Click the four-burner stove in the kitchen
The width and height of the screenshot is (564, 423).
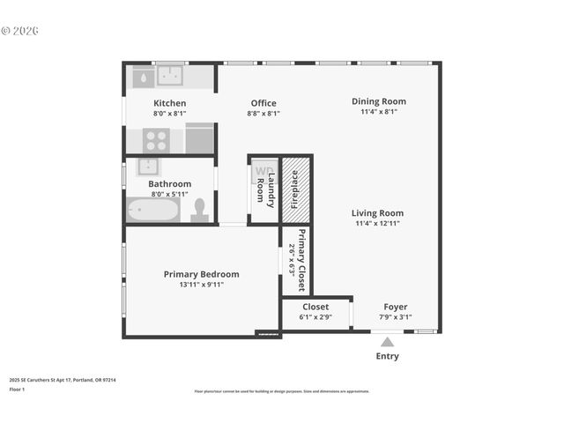[x=157, y=139]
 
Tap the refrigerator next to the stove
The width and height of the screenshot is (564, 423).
[x=200, y=138]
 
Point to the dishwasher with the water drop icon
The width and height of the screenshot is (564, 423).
[x=142, y=78]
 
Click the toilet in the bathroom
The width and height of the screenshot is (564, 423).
[x=199, y=209]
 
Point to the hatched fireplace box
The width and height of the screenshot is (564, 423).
[x=295, y=189]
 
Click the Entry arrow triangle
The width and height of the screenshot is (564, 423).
[x=386, y=342]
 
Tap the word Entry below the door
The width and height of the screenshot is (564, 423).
[x=387, y=356]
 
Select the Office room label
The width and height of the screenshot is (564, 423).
[x=263, y=103]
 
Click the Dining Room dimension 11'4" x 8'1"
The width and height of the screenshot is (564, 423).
[x=379, y=112]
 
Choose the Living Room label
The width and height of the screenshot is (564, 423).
[x=377, y=212]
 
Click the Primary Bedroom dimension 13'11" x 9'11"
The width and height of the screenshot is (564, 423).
[x=201, y=285]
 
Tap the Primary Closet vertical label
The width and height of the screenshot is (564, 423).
[x=301, y=260]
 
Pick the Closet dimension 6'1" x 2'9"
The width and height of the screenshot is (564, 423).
[x=315, y=317]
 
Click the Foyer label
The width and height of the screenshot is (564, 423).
[x=395, y=307]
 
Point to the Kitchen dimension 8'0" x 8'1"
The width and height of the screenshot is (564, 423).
[x=170, y=113]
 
